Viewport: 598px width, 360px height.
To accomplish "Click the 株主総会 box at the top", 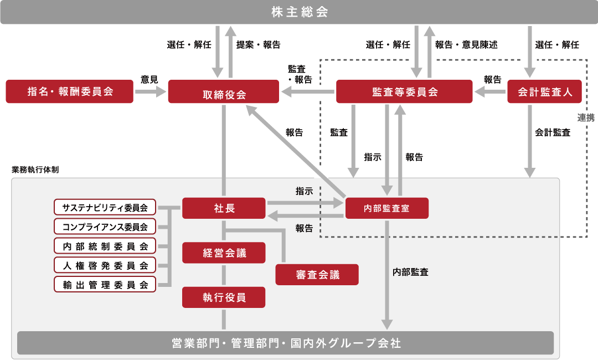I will coord(299,12).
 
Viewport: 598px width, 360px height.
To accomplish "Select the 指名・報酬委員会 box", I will coord(70,91).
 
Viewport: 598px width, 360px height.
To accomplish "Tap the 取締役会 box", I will coord(224,92).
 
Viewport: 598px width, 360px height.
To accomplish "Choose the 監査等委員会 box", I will coord(404,92).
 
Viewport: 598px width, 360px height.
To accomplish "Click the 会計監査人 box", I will coord(545,92).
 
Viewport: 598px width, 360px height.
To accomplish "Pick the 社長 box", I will coord(224,209).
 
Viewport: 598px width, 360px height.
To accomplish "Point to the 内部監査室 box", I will coord(386,209).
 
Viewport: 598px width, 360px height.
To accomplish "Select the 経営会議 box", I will coord(224,253).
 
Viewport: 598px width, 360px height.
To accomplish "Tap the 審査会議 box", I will coord(317,274).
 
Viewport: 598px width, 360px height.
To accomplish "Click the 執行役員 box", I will coord(224,297).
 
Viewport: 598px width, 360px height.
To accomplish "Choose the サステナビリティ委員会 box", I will coord(105,208).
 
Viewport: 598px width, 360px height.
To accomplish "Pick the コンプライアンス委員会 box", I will coord(105,227).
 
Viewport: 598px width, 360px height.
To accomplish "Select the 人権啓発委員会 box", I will coord(105,265).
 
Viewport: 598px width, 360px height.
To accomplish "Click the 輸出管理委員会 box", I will coord(105,285).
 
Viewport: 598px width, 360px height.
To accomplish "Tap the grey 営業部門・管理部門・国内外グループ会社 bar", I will coord(286,343).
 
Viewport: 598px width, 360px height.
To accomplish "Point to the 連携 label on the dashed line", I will coord(586,117).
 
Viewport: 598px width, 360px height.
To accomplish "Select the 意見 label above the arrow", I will coord(149,80).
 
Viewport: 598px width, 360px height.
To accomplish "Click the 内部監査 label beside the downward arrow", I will coord(410,272).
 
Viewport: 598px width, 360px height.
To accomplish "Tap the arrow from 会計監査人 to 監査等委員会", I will coord(490,92).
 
